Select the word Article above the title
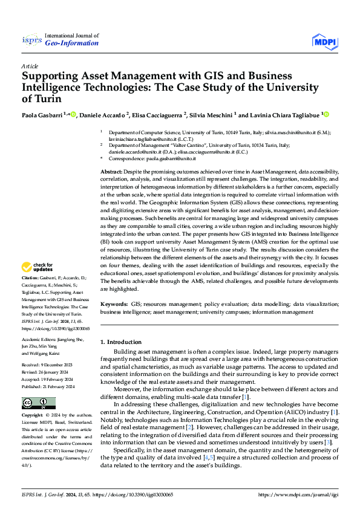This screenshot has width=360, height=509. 30,66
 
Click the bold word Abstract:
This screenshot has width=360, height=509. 112,172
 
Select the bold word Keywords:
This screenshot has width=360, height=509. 114,306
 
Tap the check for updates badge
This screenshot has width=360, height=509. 39,267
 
